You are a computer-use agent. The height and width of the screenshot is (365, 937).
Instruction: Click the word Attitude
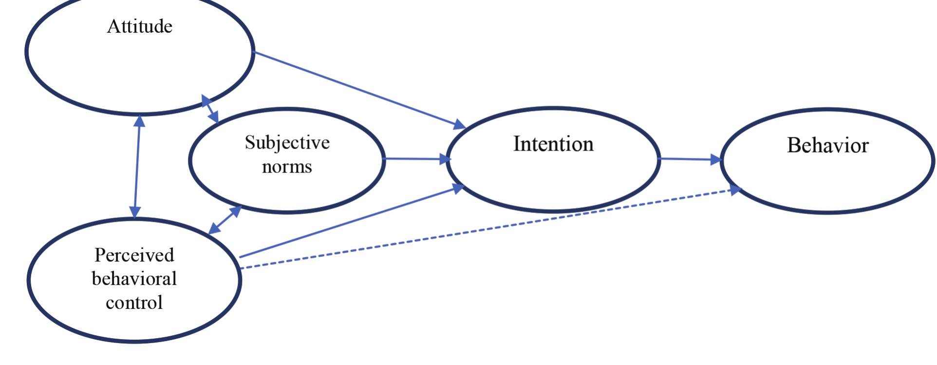140,26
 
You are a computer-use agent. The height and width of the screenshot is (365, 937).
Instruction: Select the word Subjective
287,143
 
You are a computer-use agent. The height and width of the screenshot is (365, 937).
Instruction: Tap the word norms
287,167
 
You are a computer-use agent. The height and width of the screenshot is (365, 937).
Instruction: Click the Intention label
553,144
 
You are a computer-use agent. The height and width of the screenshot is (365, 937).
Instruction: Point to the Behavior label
827,146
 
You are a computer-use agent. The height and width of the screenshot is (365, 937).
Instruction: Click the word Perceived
134,255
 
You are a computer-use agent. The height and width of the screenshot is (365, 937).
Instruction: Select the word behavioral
134,279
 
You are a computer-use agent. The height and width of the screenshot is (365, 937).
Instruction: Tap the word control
134,303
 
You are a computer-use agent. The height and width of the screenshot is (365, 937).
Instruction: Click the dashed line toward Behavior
487,229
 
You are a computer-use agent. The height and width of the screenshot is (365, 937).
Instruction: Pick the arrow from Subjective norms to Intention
414,158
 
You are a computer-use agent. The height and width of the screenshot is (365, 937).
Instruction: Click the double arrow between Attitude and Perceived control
137,166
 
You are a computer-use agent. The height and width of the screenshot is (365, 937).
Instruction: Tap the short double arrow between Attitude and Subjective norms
210,109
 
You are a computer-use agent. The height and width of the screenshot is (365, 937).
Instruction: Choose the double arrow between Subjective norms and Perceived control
225,220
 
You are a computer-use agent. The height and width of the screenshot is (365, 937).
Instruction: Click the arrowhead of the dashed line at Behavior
735,191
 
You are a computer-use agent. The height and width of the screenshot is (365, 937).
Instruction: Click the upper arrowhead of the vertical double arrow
139,120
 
